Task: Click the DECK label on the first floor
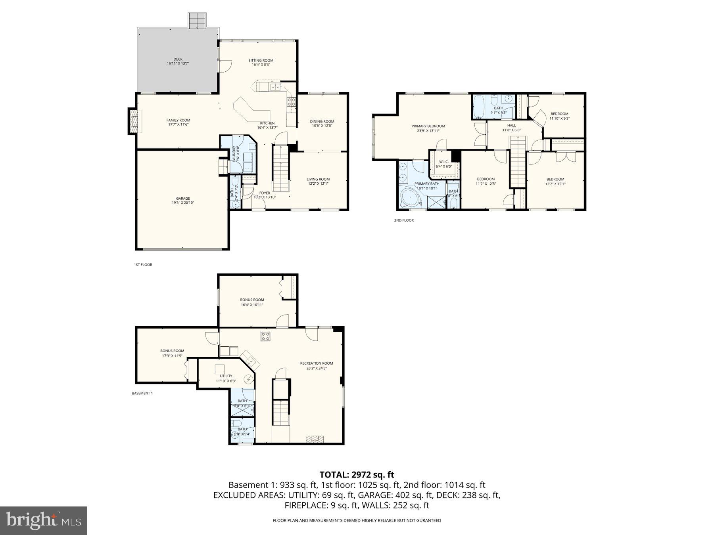tap(178, 59)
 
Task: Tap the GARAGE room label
tap(182, 199)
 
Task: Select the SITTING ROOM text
tap(261, 61)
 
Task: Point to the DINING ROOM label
tap(322, 122)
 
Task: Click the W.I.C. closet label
tap(443, 162)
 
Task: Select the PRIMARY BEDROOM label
tap(428, 126)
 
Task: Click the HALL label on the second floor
tap(511, 126)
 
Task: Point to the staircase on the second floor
tap(517, 160)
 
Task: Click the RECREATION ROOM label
tap(316, 363)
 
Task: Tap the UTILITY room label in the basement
tap(226, 376)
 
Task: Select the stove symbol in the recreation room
tap(265, 336)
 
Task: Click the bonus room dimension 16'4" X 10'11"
tap(251, 305)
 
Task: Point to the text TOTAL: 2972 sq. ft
tap(357, 474)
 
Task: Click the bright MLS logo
tap(43, 520)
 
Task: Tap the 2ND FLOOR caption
tap(403, 220)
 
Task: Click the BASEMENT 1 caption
tap(142, 394)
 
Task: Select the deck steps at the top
tap(197, 21)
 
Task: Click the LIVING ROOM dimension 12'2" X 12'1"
tap(318, 183)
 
